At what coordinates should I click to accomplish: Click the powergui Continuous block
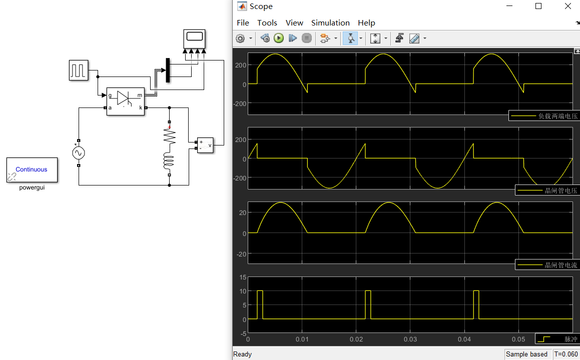pos(32,170)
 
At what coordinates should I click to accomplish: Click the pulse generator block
pos(78,70)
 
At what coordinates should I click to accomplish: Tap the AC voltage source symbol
pos(79,153)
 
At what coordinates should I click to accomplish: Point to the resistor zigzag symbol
pos(170,136)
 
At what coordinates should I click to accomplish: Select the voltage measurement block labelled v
pos(205,145)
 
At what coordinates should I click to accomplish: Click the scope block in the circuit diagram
pos(194,38)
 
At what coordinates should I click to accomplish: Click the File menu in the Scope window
pos(243,23)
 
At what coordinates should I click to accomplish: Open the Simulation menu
pos(330,23)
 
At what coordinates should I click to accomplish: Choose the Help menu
pos(366,23)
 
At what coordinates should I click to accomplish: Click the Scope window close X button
pos(567,6)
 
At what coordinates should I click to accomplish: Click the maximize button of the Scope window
pos(538,6)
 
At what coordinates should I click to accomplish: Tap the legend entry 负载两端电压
pos(543,116)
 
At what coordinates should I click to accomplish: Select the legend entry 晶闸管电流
pos(546,265)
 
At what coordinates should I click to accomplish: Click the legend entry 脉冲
pos(557,339)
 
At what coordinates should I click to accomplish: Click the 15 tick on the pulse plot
pos(243,277)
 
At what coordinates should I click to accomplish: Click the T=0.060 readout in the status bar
pos(565,354)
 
